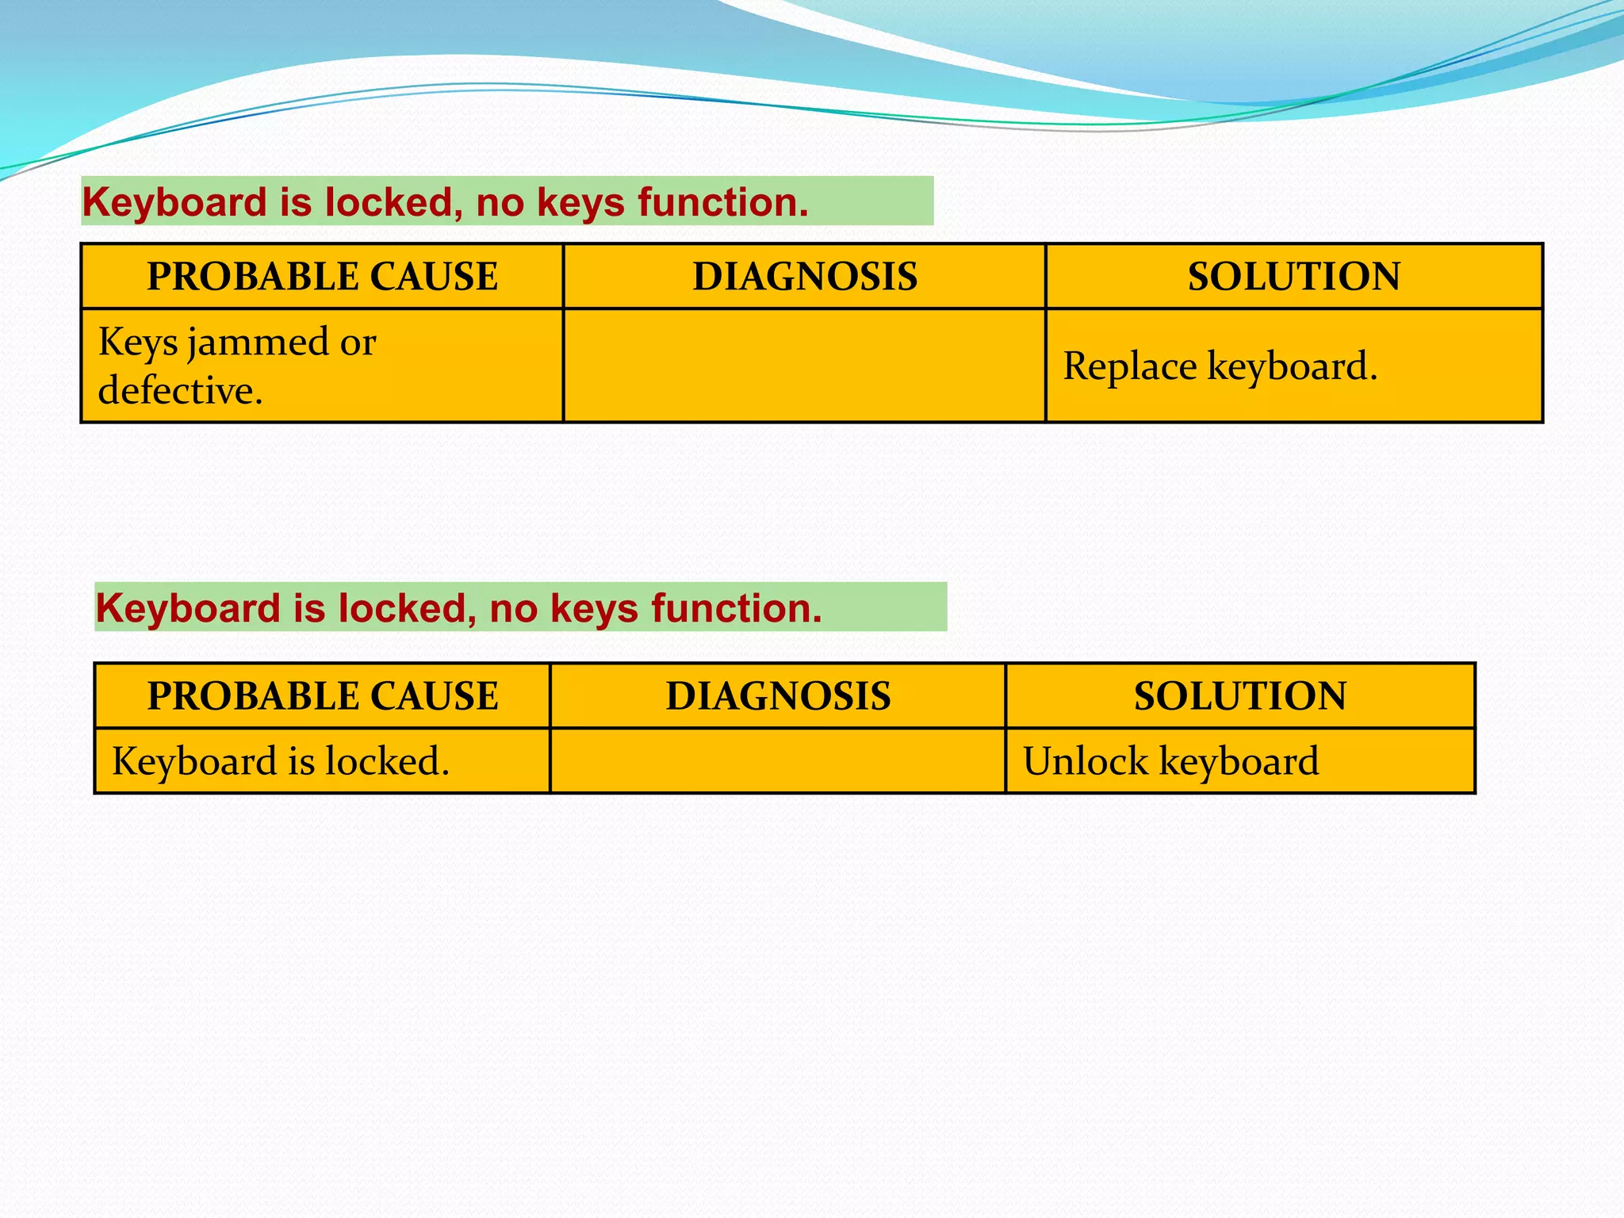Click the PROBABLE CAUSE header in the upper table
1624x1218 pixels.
click(x=322, y=277)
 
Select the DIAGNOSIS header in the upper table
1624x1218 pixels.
click(x=804, y=277)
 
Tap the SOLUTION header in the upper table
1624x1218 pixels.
click(x=1293, y=277)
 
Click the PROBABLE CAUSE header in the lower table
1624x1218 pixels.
click(x=322, y=696)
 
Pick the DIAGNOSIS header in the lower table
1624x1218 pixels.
click(x=778, y=696)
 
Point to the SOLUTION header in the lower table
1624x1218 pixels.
click(x=1239, y=696)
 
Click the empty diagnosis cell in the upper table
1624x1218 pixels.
click(x=804, y=366)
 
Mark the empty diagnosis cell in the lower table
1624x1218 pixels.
click(x=778, y=761)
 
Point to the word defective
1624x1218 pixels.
click(x=180, y=391)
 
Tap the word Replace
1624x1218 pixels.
click(x=1129, y=366)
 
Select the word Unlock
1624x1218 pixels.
click(x=1085, y=761)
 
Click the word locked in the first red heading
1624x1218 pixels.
click(x=393, y=202)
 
